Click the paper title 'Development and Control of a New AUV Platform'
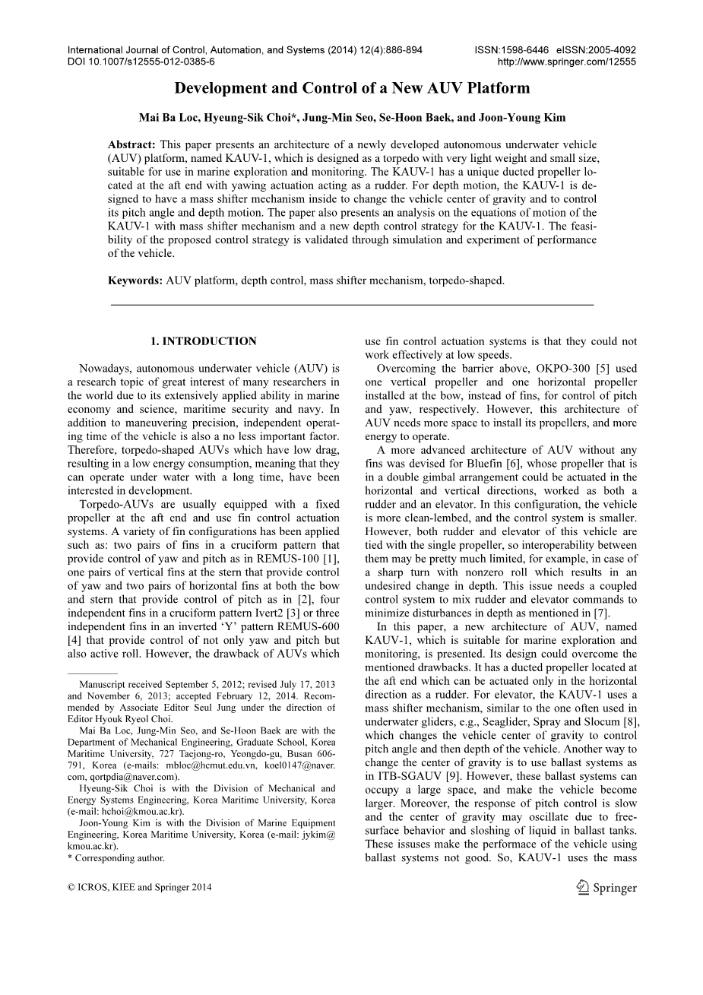click(352, 88)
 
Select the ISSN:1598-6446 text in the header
click(507, 50)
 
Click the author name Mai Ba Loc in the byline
click(162, 118)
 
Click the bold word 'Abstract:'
click(131, 144)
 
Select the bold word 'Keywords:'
click(135, 280)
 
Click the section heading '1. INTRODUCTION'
click(203, 341)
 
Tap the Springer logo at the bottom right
click(606, 887)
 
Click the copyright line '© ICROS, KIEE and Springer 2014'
click(139, 887)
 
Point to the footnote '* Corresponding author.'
click(116, 858)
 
